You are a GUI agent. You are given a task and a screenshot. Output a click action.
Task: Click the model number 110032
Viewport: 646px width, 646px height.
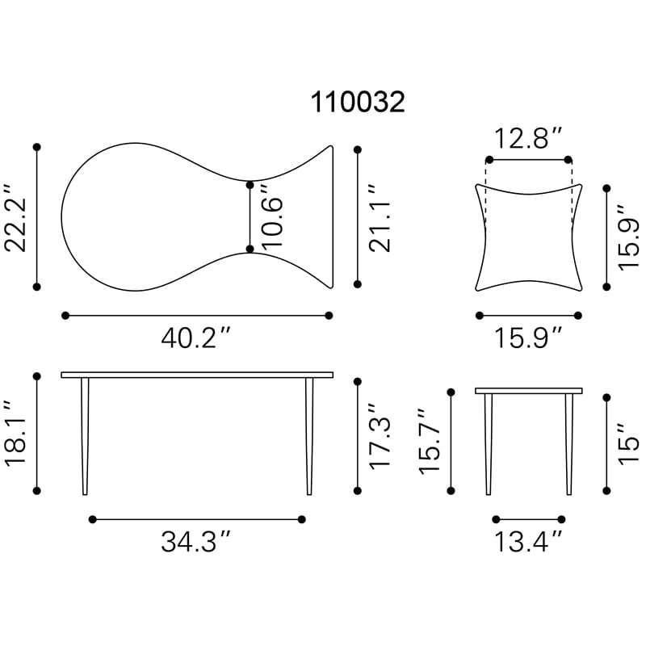click(358, 102)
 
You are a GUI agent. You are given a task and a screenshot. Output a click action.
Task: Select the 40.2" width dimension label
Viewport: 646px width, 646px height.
click(195, 338)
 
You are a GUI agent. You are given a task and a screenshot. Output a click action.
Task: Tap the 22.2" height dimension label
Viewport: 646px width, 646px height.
click(15, 217)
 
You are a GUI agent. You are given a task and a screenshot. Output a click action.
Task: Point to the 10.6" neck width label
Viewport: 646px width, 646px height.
click(272, 216)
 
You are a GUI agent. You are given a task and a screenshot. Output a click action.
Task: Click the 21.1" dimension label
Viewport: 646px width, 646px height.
click(380, 218)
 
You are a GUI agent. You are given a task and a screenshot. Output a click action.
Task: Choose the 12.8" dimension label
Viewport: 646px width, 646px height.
click(528, 138)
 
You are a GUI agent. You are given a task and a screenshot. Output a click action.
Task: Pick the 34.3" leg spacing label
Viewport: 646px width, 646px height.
click(195, 541)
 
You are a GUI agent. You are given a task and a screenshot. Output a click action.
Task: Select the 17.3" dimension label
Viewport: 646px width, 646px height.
click(380, 436)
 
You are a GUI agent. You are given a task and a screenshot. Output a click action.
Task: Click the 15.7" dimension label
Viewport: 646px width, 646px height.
click(430, 441)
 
